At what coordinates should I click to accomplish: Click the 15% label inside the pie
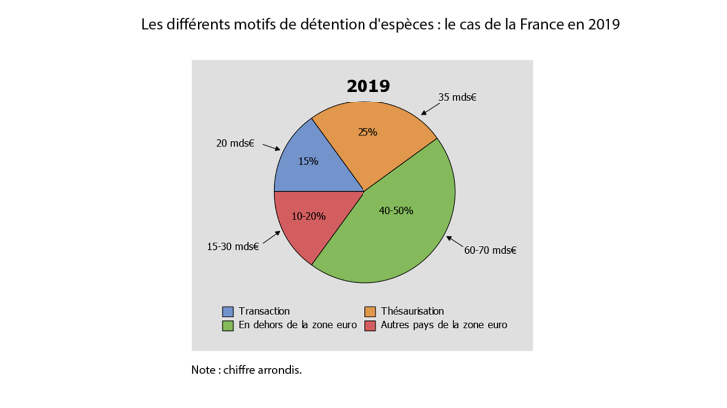[x=308, y=161]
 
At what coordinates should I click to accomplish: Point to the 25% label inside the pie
[x=367, y=132]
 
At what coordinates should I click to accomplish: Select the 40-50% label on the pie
[x=395, y=210]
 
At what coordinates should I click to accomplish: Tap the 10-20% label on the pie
[x=308, y=216]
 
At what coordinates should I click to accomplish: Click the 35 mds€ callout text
[x=458, y=98]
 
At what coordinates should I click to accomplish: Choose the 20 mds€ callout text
[x=235, y=143]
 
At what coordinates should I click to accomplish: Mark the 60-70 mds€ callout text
[x=490, y=250]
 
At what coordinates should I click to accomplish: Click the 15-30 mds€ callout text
[x=231, y=247]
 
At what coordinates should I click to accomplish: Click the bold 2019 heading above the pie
[x=367, y=86]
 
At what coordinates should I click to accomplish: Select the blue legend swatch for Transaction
[x=229, y=311]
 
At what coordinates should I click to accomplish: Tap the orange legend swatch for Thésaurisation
[x=372, y=311]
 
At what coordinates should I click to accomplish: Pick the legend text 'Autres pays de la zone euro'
[x=444, y=325]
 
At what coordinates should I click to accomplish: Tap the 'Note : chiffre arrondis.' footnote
[x=246, y=369]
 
